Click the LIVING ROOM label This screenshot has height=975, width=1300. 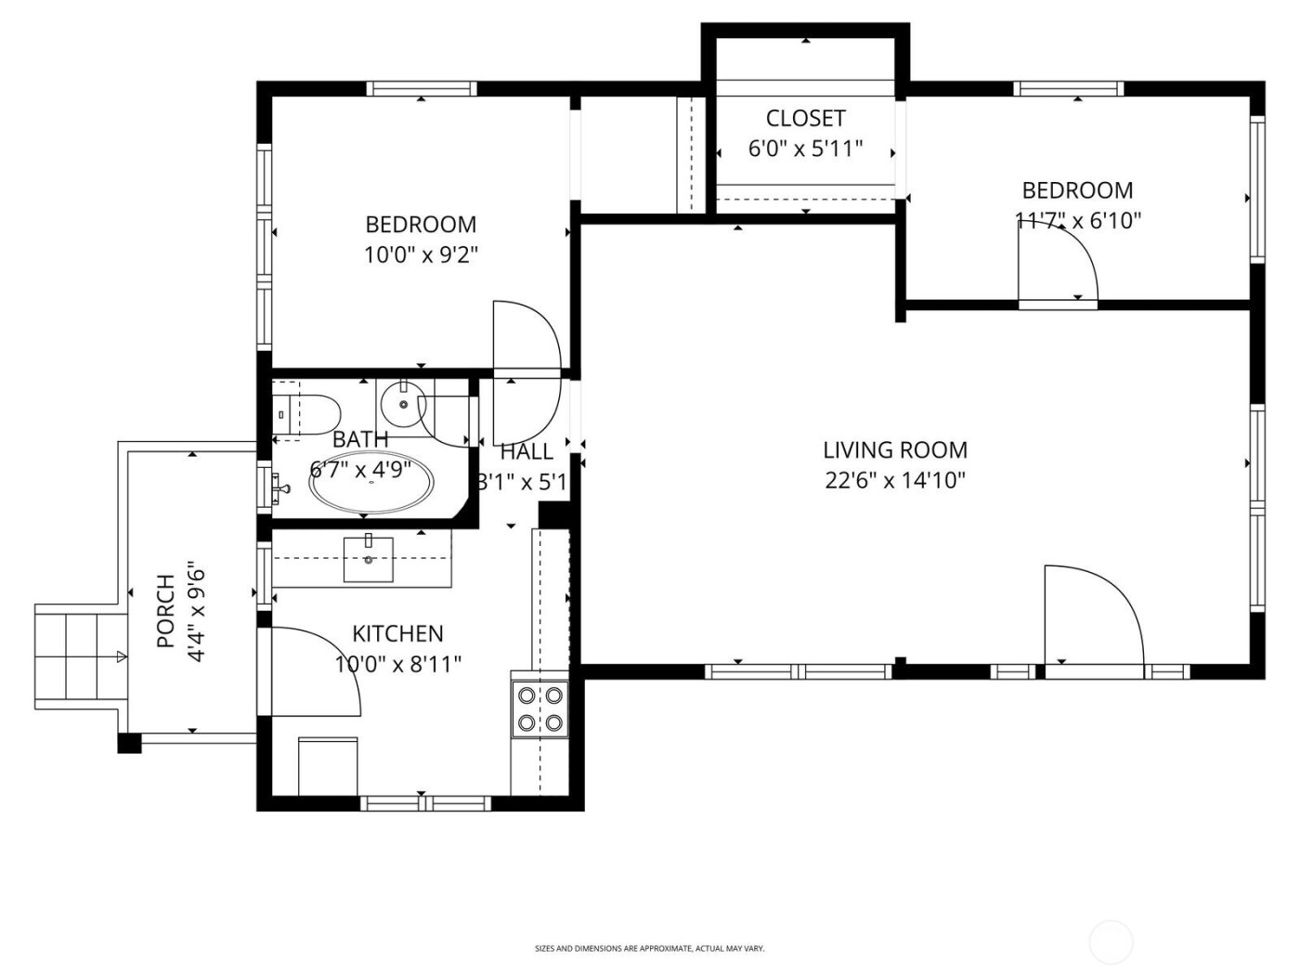[895, 450]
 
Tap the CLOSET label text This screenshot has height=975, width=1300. [805, 119]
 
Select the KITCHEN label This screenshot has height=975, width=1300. [397, 634]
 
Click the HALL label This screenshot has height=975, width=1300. [526, 452]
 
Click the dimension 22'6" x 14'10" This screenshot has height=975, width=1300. [895, 481]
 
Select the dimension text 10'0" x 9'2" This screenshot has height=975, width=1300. [421, 255]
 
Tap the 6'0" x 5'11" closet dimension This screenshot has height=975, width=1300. [805, 149]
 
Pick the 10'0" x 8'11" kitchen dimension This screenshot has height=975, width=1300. [397, 664]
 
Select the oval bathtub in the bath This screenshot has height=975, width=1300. [370, 483]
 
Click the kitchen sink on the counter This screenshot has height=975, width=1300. [369, 559]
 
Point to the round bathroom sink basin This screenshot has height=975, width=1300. [403, 404]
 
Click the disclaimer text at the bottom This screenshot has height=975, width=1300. [649, 949]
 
